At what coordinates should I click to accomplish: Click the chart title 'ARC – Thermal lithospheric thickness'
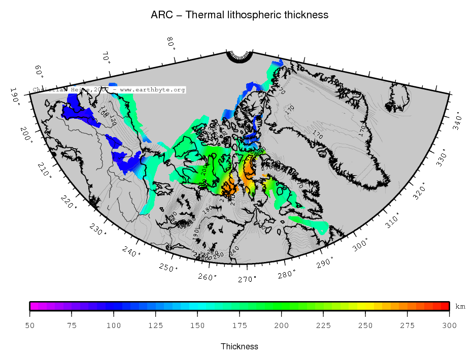pos(240,15)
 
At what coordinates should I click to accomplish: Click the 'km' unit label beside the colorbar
pos(460,307)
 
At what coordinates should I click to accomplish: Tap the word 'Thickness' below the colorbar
pos(240,346)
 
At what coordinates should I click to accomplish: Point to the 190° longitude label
pos(15,95)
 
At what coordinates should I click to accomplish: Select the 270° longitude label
pos(247,279)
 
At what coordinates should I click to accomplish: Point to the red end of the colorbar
pos(447,306)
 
